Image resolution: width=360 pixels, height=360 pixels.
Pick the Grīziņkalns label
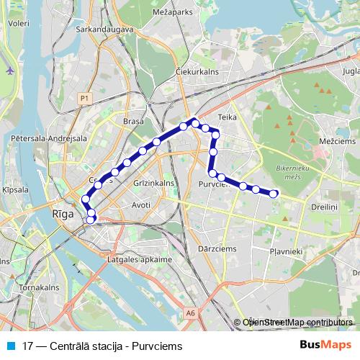tap(154, 183)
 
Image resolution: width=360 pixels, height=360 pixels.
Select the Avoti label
tap(141, 204)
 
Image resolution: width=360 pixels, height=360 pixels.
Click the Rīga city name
tap(63, 213)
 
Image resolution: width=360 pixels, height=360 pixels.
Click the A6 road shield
tap(189, 312)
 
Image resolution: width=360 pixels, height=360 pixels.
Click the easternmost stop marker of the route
tap(274, 193)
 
